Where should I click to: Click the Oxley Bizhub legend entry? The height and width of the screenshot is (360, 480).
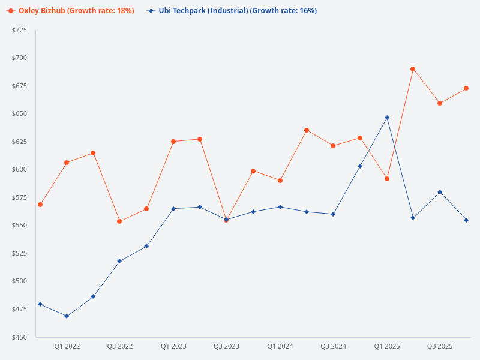pos(70,11)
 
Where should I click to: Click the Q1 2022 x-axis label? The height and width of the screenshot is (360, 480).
pos(67,346)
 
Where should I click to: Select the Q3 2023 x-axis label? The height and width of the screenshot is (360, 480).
pos(226,346)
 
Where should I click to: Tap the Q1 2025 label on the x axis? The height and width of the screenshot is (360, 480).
pos(386,346)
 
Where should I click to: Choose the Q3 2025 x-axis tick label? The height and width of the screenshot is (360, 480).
pos(440,346)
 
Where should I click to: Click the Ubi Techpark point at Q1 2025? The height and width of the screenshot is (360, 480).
pos(387,118)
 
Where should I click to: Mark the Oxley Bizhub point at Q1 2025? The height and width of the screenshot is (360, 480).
pos(387,179)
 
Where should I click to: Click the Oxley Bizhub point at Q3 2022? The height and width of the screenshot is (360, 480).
pos(119,221)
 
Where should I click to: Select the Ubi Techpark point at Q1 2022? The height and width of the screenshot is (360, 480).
pos(67,316)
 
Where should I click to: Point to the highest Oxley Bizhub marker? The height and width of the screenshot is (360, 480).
pos(413,69)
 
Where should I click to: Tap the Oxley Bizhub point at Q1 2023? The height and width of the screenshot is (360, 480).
pos(173,142)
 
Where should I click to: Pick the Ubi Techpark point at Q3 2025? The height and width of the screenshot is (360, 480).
pos(440,192)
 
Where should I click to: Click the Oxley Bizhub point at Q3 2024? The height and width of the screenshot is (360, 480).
pos(333,146)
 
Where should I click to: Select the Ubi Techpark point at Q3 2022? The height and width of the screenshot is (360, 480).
pos(119,261)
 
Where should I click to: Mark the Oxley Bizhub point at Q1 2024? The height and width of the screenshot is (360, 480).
pos(280,181)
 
